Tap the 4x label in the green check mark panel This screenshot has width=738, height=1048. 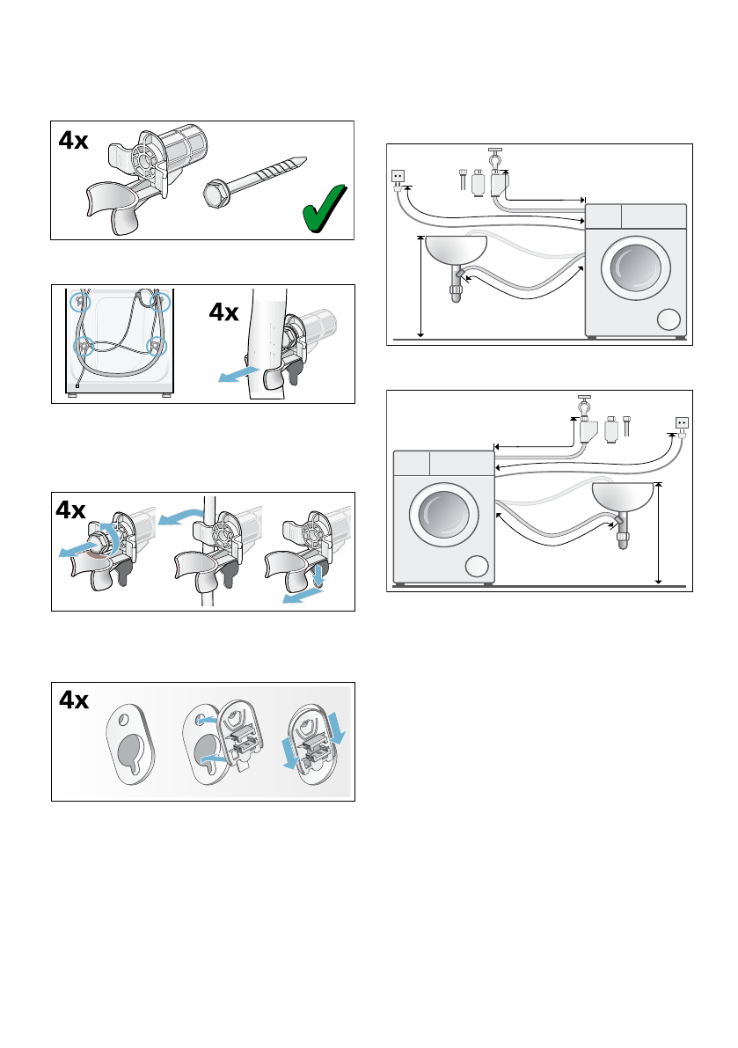[x=74, y=141]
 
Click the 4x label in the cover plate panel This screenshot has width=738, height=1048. [x=74, y=701]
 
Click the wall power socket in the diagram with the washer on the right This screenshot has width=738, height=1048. [x=398, y=176]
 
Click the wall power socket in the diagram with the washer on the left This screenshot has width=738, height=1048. [x=681, y=421]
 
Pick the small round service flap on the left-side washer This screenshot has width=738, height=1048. [x=476, y=567]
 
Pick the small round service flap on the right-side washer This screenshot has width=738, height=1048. [x=669, y=319]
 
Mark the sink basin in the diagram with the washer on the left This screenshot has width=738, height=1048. [x=624, y=498]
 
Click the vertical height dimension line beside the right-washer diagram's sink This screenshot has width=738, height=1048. [x=421, y=287]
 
